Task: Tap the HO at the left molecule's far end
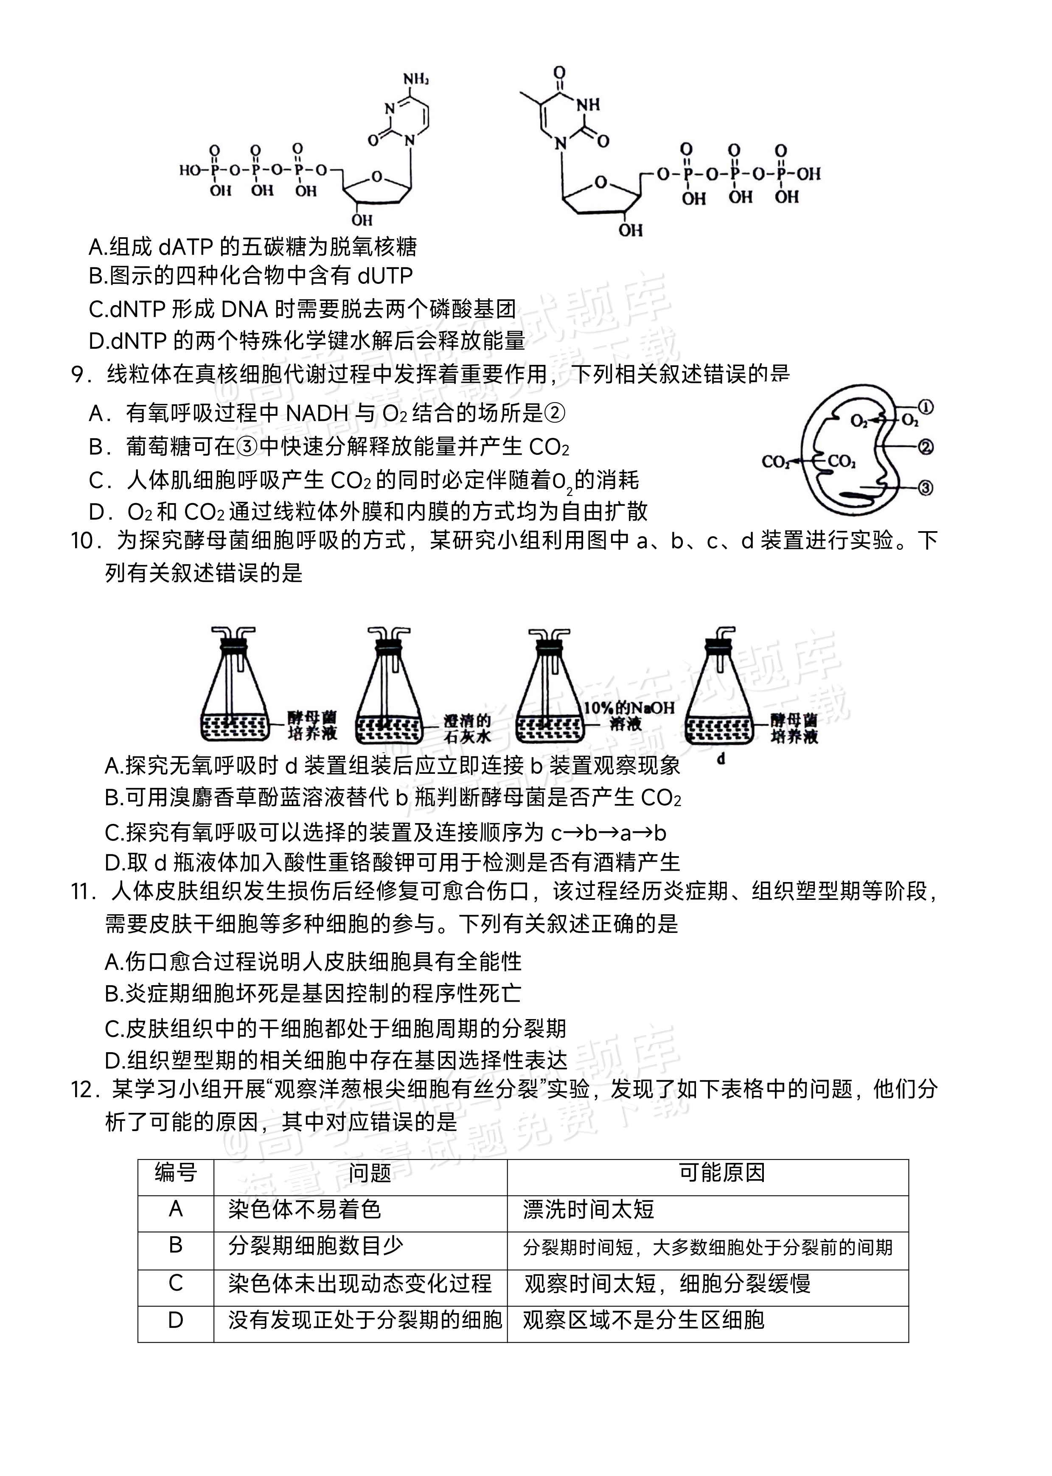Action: click(191, 170)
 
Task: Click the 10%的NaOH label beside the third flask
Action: click(628, 708)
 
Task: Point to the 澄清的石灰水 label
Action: click(467, 728)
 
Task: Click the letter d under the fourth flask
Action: click(720, 759)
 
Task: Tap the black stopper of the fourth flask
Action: click(719, 643)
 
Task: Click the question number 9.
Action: click(78, 374)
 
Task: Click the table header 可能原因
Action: click(722, 1172)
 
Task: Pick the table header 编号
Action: click(176, 1172)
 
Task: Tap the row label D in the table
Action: click(176, 1320)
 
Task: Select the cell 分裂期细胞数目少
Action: click(315, 1246)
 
